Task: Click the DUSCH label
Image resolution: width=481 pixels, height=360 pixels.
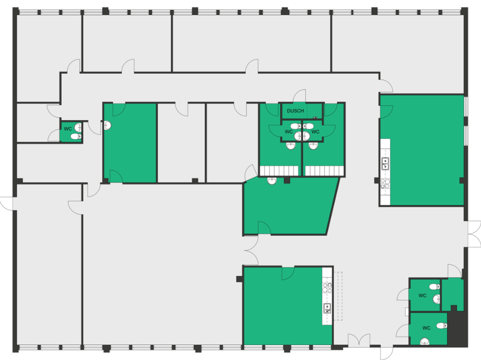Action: (295, 111)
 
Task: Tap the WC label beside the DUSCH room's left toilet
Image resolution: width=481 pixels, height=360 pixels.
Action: (289, 132)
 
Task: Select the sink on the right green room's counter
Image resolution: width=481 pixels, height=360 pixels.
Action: (385, 164)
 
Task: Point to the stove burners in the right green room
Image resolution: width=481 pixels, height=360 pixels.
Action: (385, 183)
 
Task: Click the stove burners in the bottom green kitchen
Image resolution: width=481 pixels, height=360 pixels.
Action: (327, 288)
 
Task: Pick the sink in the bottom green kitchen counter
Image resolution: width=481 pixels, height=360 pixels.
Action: (327, 308)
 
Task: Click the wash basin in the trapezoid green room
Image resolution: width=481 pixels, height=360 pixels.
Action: (272, 181)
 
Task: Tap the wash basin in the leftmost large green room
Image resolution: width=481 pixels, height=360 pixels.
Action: (107, 126)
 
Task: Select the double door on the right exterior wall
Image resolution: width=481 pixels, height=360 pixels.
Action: (474, 234)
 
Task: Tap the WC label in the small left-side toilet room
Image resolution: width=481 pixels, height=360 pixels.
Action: (68, 129)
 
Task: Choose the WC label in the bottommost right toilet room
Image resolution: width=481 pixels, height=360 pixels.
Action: (427, 328)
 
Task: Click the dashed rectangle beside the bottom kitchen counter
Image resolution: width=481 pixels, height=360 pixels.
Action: (338, 296)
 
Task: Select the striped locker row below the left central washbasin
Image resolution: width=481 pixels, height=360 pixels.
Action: (279, 171)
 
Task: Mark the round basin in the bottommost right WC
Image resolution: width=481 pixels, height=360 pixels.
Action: (425, 341)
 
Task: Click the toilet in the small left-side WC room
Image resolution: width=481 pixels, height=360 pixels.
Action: (76, 136)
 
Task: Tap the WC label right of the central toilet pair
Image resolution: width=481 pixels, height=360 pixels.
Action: (315, 132)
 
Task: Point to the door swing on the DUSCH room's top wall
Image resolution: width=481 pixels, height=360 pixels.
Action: (299, 95)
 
